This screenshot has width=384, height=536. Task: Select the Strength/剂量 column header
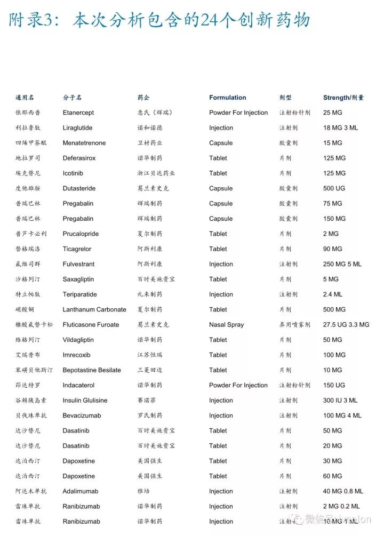[343, 98]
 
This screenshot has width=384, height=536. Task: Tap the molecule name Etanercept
[78, 113]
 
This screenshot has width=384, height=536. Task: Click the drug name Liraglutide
[77, 128]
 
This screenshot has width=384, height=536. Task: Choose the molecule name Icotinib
[73, 173]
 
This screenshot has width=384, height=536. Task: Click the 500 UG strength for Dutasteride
[334, 188]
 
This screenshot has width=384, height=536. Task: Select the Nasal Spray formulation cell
[226, 325]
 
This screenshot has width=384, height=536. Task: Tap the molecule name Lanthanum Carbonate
[94, 309]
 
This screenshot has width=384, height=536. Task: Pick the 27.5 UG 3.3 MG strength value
[346, 325]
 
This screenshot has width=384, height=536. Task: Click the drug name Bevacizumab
[82, 415]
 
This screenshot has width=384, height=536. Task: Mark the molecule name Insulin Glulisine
[85, 401]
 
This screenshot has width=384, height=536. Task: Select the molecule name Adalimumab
[81, 491]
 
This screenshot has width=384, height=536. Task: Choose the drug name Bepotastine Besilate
[92, 370]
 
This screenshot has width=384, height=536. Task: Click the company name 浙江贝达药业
[156, 173]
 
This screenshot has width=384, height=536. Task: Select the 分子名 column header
[72, 98]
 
